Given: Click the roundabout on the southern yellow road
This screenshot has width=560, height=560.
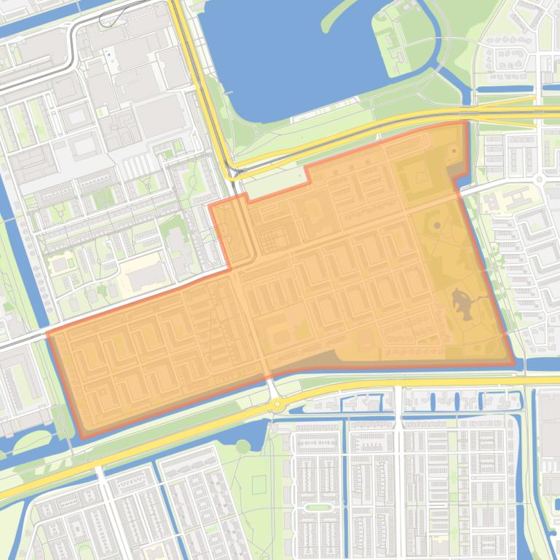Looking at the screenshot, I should [277, 405].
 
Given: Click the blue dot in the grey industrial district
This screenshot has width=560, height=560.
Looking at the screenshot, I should [109, 54].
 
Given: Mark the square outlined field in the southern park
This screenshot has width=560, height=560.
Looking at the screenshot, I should [259, 484].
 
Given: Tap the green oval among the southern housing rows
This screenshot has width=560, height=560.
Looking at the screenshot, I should [318, 507].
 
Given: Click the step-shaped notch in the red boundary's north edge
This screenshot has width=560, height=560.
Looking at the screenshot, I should [307, 175].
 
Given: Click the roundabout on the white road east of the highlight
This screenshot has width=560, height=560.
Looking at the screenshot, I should [540, 179].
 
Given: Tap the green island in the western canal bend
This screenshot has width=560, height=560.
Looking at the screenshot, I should [33, 441].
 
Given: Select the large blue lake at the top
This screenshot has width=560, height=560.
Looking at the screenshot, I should [291, 55].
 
